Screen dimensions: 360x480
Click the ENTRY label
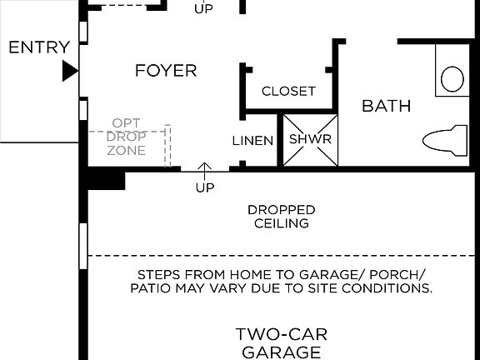tap(38, 47)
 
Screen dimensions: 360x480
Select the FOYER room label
tap(166, 71)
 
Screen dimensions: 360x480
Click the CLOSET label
tap(288, 91)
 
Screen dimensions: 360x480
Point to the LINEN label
tap(252, 141)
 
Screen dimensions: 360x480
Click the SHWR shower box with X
tap(310, 139)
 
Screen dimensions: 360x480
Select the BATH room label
tap(386, 106)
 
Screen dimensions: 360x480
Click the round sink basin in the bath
tap(452, 78)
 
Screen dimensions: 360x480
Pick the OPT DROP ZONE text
tap(127, 137)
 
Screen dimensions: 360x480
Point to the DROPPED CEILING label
tap(281, 217)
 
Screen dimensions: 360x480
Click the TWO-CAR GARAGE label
tap(281, 343)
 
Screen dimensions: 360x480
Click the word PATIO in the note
tap(151, 288)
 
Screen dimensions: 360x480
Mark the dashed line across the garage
tap(283, 256)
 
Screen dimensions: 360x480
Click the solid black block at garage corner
tap(106, 179)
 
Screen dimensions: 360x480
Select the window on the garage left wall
tap(83, 245)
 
